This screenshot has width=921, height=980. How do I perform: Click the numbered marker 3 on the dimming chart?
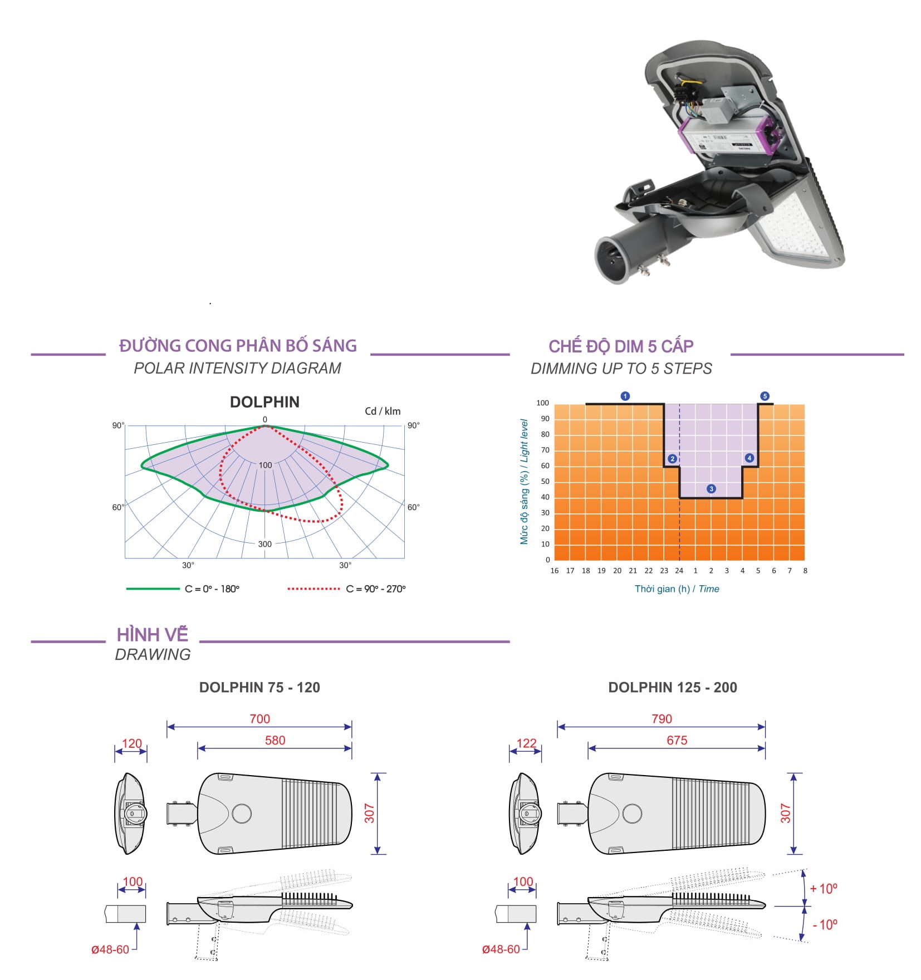(x=711, y=489)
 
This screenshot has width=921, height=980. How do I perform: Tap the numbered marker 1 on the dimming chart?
(x=625, y=396)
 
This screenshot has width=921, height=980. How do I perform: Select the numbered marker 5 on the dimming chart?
(x=765, y=396)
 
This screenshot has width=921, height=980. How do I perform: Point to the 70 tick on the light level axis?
(x=545, y=450)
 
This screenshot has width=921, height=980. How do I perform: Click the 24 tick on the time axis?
(x=679, y=571)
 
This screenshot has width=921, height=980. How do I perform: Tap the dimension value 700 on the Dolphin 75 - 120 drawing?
(x=259, y=719)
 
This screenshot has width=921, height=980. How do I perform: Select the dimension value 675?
(x=677, y=740)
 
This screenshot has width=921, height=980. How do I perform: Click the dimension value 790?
(x=662, y=719)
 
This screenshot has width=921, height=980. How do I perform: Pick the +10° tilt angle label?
(x=824, y=889)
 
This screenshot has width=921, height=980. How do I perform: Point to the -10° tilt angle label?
(x=825, y=925)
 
